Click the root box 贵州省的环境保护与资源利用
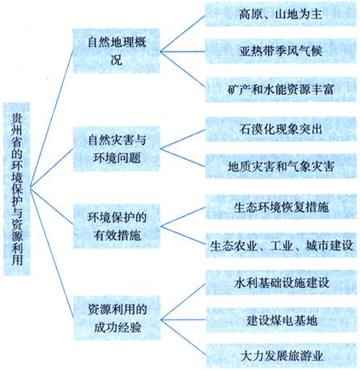coord(17,189)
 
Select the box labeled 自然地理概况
coord(117,51)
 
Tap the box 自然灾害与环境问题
coord(117,149)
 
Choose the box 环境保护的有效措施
coord(117,226)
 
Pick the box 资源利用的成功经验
coord(117,319)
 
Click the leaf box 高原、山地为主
coord(280,14)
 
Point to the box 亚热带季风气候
coord(280,51)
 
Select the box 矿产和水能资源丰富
coord(280,89)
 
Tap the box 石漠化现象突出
coord(280,129)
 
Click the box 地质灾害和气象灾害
coord(280,166)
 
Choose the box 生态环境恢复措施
coord(281,208)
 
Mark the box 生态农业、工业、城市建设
coord(281,245)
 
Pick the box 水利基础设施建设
coord(281,282)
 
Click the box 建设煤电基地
coord(281,320)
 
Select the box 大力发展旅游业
coord(281,356)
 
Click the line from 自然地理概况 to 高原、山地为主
coord(183,34)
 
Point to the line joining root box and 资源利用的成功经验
coord(52,253)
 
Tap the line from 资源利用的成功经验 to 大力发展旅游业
coord(184,337)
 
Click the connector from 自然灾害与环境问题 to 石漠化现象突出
coord(183,139)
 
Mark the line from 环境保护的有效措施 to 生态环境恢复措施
coord(183,217)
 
